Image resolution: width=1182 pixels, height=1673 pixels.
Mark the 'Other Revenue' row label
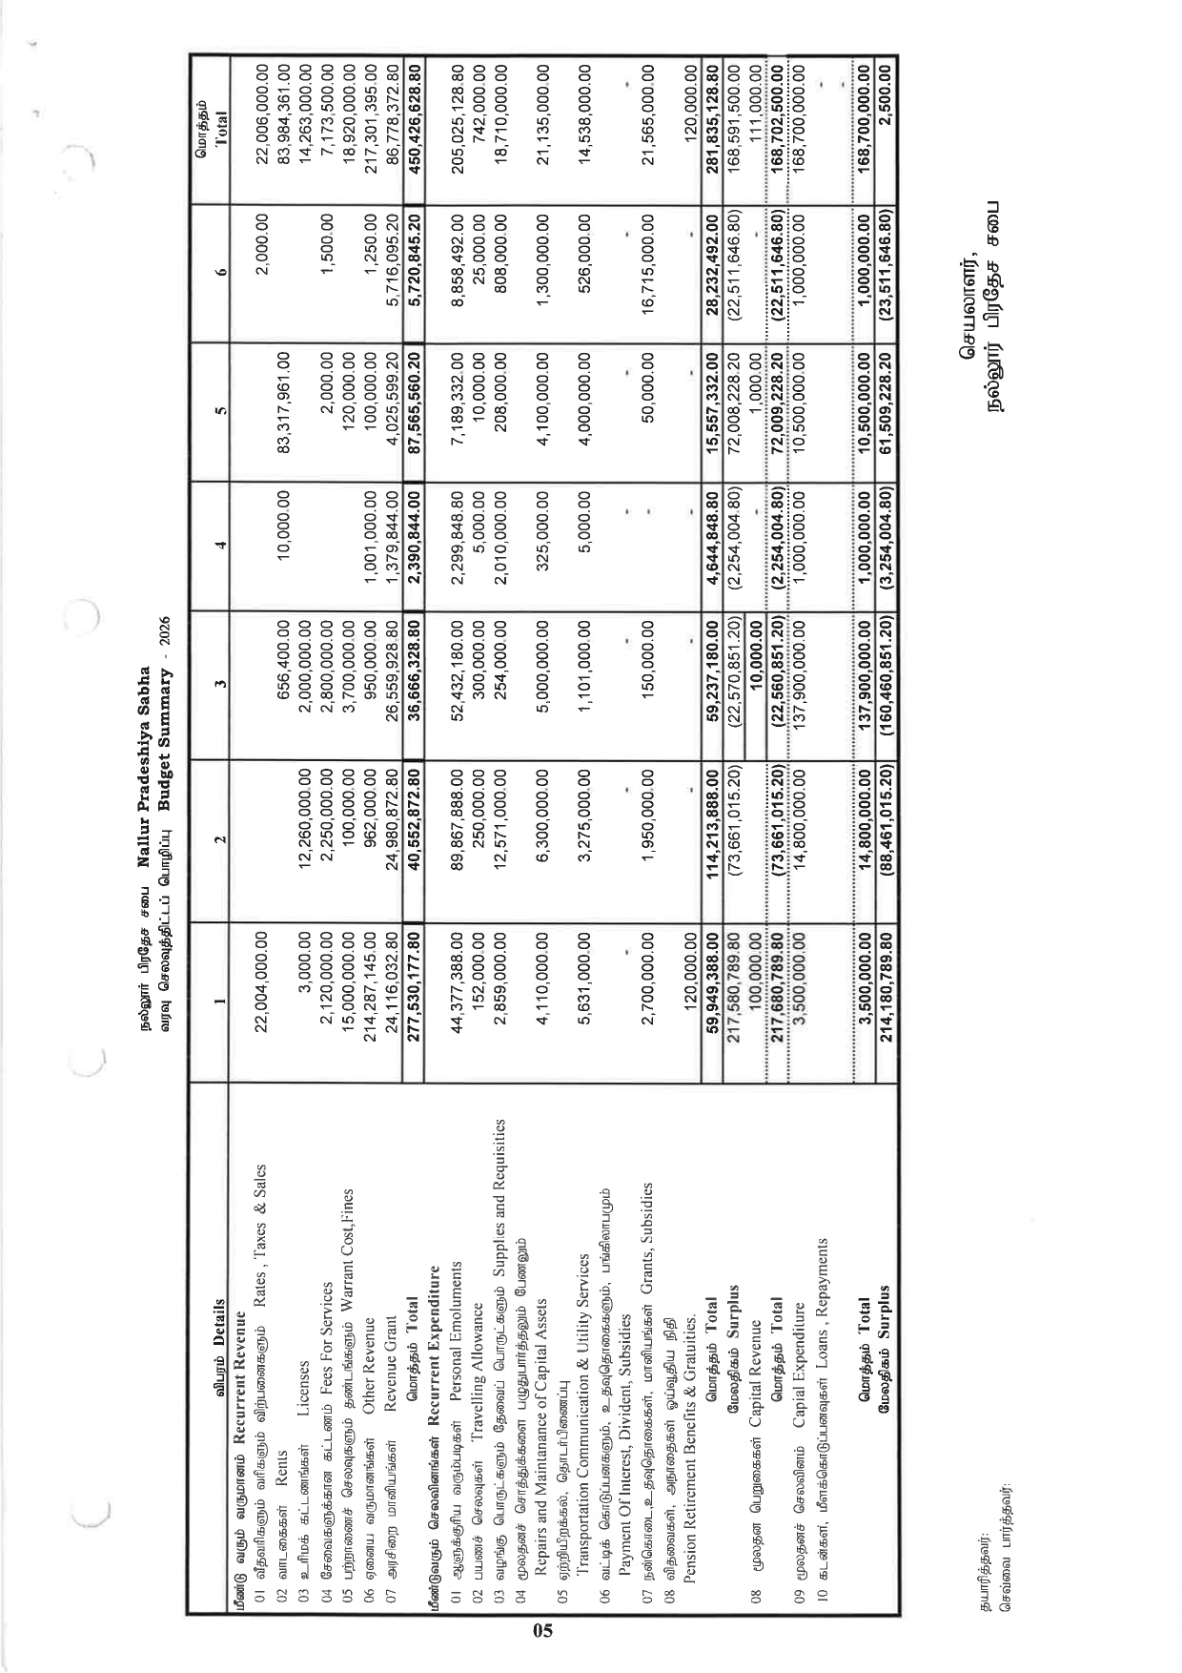click(x=369, y=1339)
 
